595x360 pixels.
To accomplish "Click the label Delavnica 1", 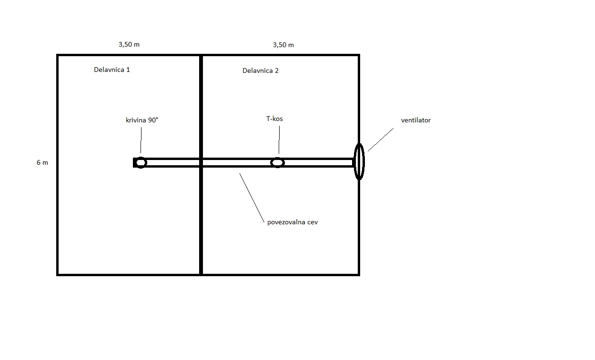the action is [112, 70].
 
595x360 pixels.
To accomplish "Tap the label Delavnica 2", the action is [260, 70].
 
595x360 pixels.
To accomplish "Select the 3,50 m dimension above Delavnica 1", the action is [129, 45].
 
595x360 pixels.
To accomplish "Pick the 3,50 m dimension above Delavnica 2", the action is [283, 45].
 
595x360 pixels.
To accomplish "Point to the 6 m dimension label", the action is [42, 162].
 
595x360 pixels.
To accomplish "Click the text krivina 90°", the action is [142, 120].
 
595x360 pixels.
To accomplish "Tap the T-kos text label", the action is [274, 119].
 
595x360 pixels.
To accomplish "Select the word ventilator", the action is [416, 120].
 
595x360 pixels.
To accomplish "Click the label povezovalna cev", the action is [292, 222].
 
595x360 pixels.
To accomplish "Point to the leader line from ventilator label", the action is [381, 140].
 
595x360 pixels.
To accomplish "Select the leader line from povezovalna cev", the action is [252, 198].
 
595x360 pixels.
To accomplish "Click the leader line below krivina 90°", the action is [141, 140].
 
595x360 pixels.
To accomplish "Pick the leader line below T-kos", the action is [279, 140].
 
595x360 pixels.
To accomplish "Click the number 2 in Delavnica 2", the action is [276, 70].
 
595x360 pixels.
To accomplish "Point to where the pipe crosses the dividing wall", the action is [201, 162].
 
